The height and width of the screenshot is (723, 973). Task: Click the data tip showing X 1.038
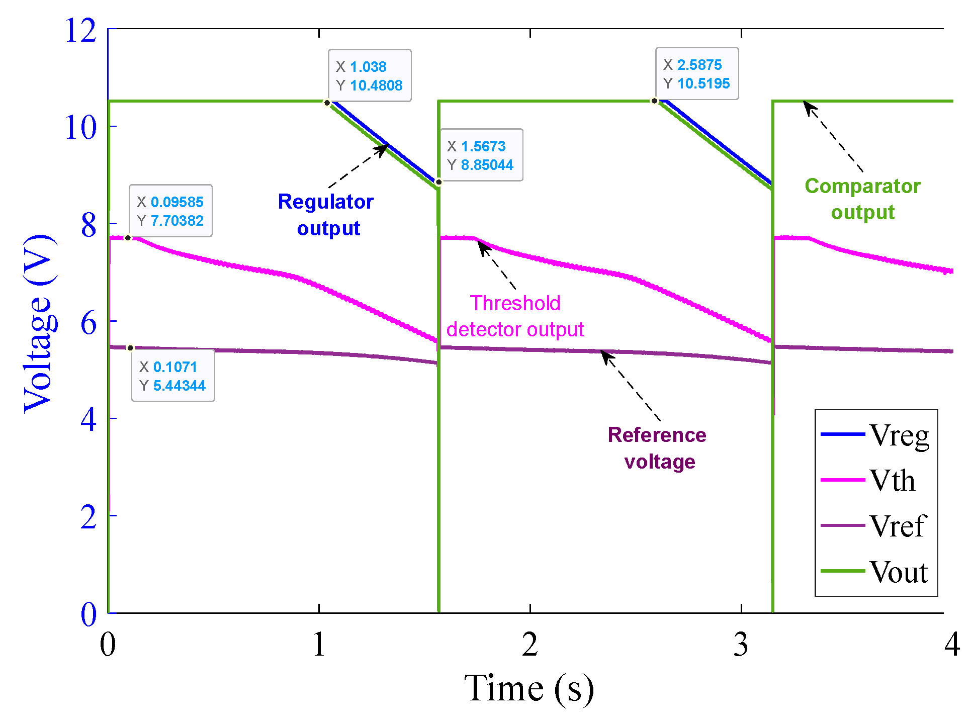[x=369, y=75]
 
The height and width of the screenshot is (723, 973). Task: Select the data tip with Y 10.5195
[x=696, y=74]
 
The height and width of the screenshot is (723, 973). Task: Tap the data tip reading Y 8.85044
[x=481, y=155]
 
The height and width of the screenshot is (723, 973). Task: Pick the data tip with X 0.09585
[x=170, y=211]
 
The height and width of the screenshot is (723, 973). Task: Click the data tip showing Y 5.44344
[x=172, y=376]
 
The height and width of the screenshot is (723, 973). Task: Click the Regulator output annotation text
[x=326, y=215]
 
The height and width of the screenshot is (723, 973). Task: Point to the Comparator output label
[x=862, y=199]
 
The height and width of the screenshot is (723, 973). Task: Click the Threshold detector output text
[x=515, y=316]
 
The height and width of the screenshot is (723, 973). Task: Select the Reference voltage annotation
[x=658, y=448]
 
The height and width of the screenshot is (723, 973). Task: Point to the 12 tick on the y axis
[x=80, y=30]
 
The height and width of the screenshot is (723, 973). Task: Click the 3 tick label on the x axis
[x=741, y=644]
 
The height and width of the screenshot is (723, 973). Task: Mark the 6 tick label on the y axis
[x=88, y=322]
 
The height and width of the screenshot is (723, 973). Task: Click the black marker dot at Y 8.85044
[x=438, y=182]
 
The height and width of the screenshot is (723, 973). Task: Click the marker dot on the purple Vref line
[x=130, y=348]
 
